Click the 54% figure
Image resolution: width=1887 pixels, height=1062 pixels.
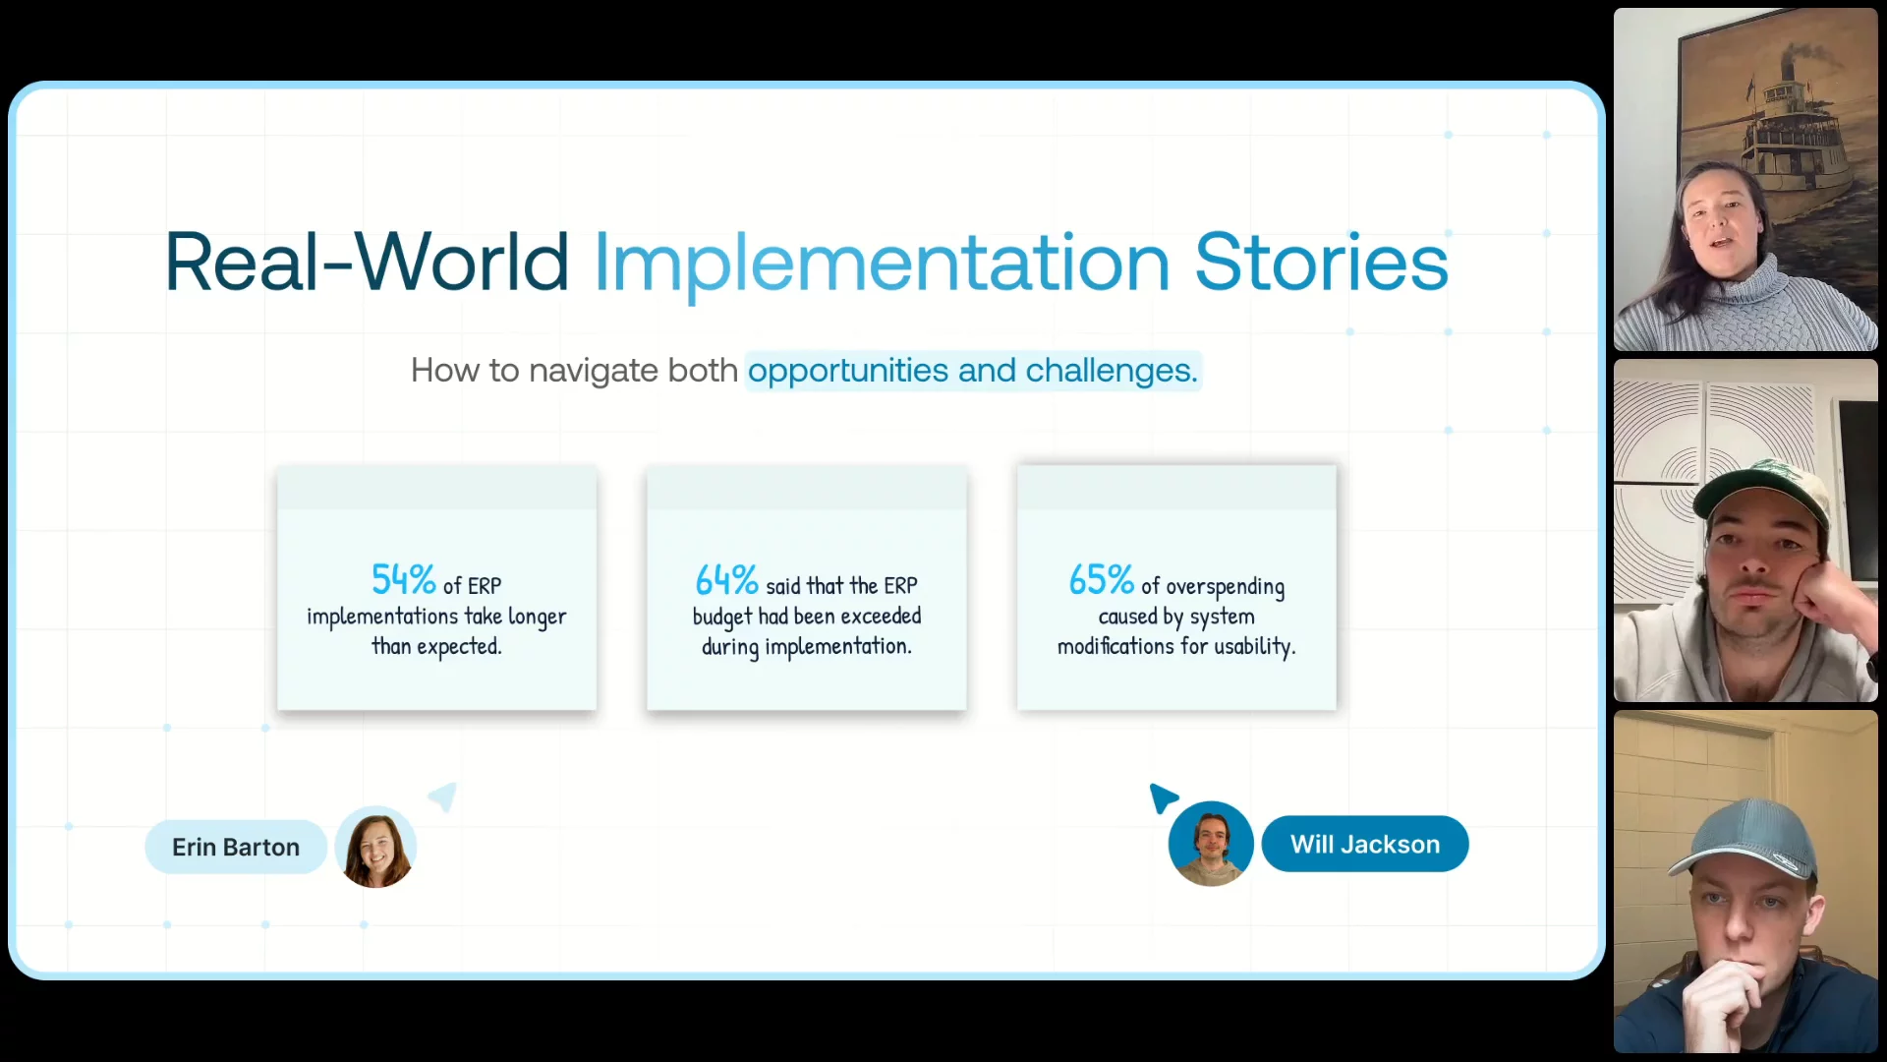pos(403,580)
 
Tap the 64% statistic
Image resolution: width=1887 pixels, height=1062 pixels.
pos(726,580)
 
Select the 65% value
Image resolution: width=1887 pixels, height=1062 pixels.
pos(1101,580)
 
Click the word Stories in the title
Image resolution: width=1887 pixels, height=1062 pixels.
pos(1321,263)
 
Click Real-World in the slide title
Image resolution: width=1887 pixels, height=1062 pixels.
pos(367,263)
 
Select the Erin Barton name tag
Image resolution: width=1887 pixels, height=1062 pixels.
pos(236,847)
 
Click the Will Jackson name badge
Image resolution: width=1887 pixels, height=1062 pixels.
pos(1365,844)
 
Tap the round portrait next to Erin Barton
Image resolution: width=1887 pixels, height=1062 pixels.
pos(375,849)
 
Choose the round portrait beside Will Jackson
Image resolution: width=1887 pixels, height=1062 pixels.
pos(1211,844)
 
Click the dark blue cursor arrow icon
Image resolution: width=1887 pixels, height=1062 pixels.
pos(1162,797)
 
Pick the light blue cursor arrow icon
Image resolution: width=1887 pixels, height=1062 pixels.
pos(444,796)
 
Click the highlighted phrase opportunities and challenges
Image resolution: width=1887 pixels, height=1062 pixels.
pos(973,371)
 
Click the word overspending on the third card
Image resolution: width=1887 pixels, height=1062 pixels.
pos(1225,587)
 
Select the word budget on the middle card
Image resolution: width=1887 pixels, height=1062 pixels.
pos(721,618)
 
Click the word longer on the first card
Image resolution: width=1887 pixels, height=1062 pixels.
pos(537,618)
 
